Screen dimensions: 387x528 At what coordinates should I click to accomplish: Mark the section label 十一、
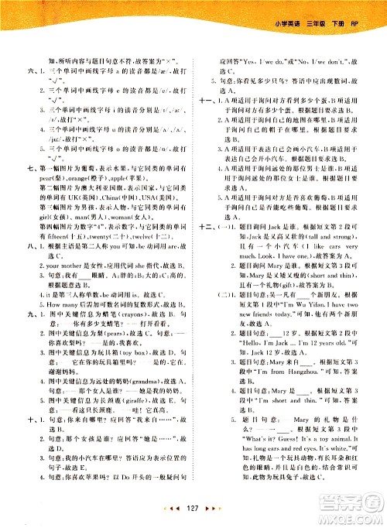point(204,100)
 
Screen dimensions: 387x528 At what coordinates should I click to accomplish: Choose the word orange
point(76,176)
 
